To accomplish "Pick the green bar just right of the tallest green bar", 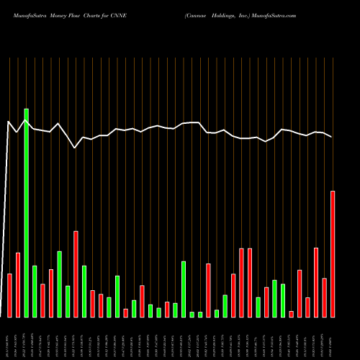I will pos(35,291).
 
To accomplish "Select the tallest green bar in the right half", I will pos(184,289).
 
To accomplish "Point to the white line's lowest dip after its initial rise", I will pos(75,148).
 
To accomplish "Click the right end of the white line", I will pos(332,137).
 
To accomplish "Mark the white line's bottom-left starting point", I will pos(2,316).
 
